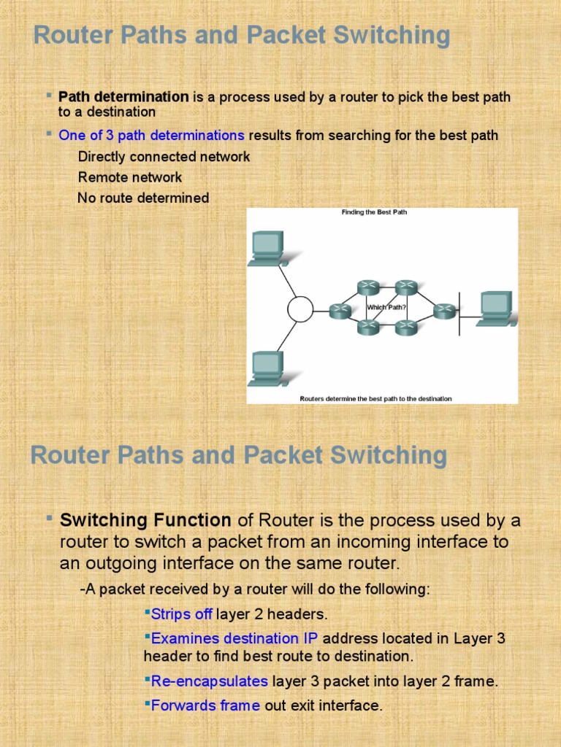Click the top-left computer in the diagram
coord(266,249)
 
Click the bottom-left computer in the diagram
coord(266,368)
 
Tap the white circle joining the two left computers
coord(299,309)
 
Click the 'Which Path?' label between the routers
coord(386,308)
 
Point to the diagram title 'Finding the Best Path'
coord(374,212)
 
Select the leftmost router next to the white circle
coord(340,311)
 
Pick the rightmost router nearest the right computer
coord(443,311)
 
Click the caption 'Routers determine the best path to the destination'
coord(375,398)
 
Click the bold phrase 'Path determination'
coord(123,97)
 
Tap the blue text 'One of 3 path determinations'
coord(151,135)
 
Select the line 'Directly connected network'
coord(164,157)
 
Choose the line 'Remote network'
coord(130,177)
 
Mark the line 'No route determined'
coord(143,198)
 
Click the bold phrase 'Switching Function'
coord(145,520)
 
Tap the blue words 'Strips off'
coord(181,614)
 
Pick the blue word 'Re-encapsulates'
coord(210,681)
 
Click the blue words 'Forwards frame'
coord(205,705)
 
